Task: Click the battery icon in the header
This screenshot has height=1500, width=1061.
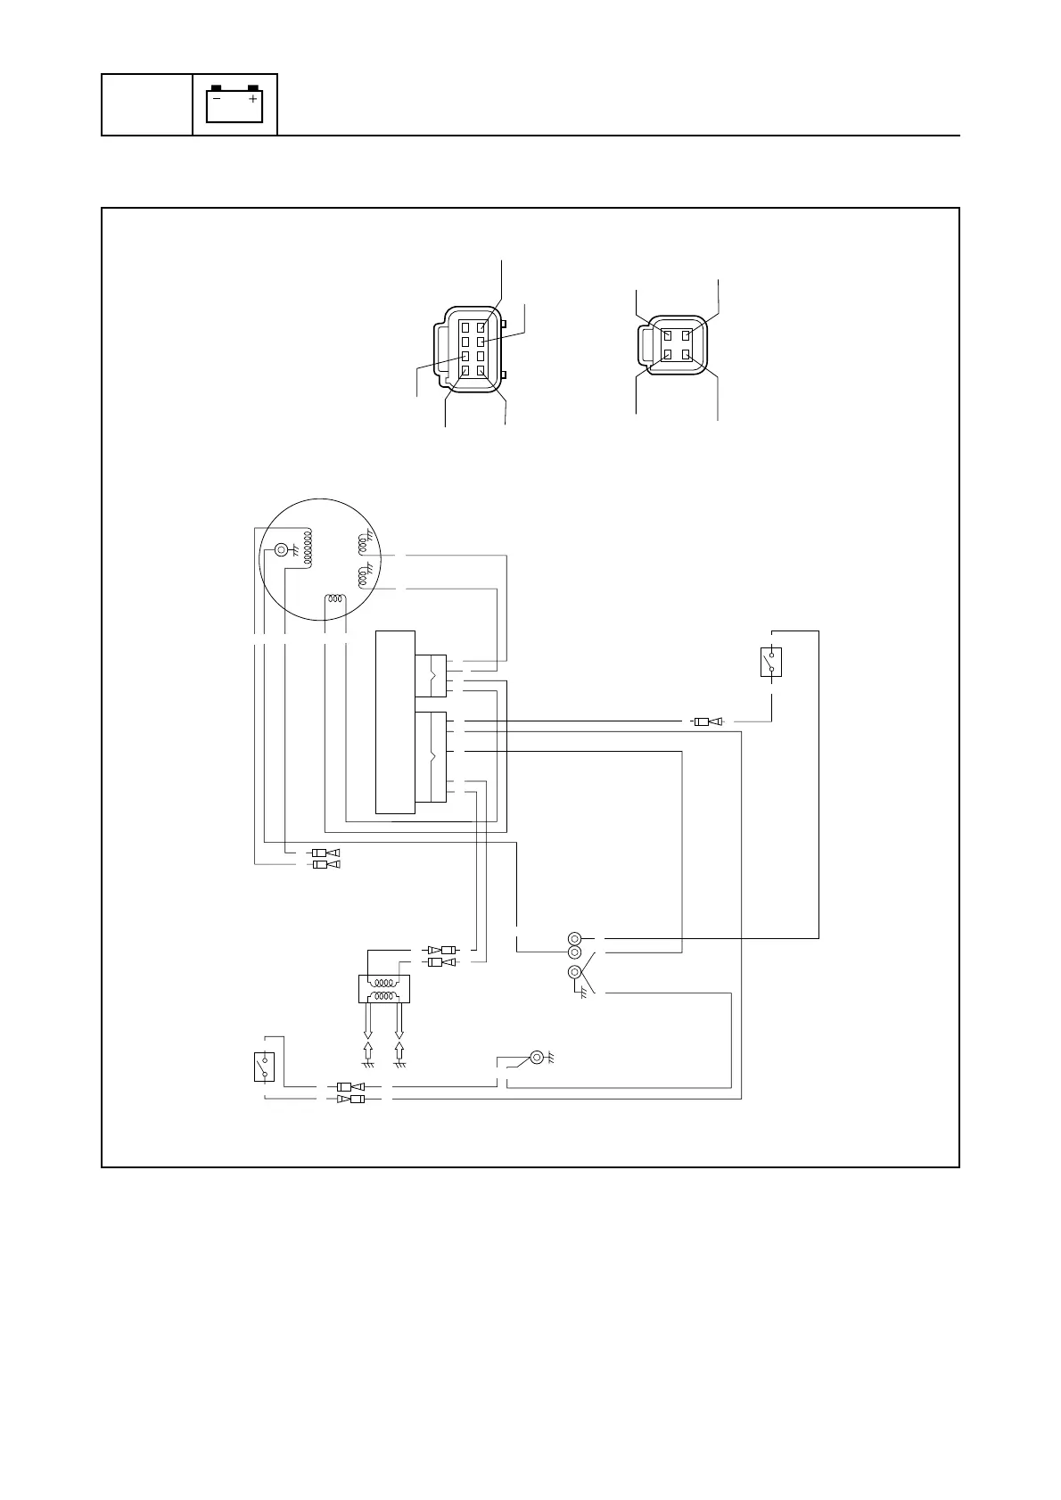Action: click(234, 104)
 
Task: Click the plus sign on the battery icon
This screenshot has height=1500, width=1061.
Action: click(253, 99)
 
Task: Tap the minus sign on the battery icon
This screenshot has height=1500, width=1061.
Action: click(217, 99)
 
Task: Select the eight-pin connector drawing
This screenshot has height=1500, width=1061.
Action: click(470, 355)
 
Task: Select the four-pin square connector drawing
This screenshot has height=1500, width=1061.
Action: click(674, 346)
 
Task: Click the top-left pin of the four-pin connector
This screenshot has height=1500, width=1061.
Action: click(666, 336)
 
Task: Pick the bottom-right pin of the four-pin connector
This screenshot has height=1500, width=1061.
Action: click(685, 355)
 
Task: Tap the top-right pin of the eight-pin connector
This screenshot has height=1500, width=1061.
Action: click(481, 327)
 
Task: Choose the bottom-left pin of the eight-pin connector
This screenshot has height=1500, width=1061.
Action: click(465, 369)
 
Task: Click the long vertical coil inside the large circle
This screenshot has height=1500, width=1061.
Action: click(307, 549)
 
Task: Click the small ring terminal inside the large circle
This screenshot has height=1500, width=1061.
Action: click(282, 550)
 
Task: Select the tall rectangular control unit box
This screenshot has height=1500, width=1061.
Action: click(395, 721)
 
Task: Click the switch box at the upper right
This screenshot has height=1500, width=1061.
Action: click(771, 662)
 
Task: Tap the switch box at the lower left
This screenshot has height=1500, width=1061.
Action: click(263, 1067)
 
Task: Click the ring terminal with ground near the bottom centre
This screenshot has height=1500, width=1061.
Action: click(536, 1058)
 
